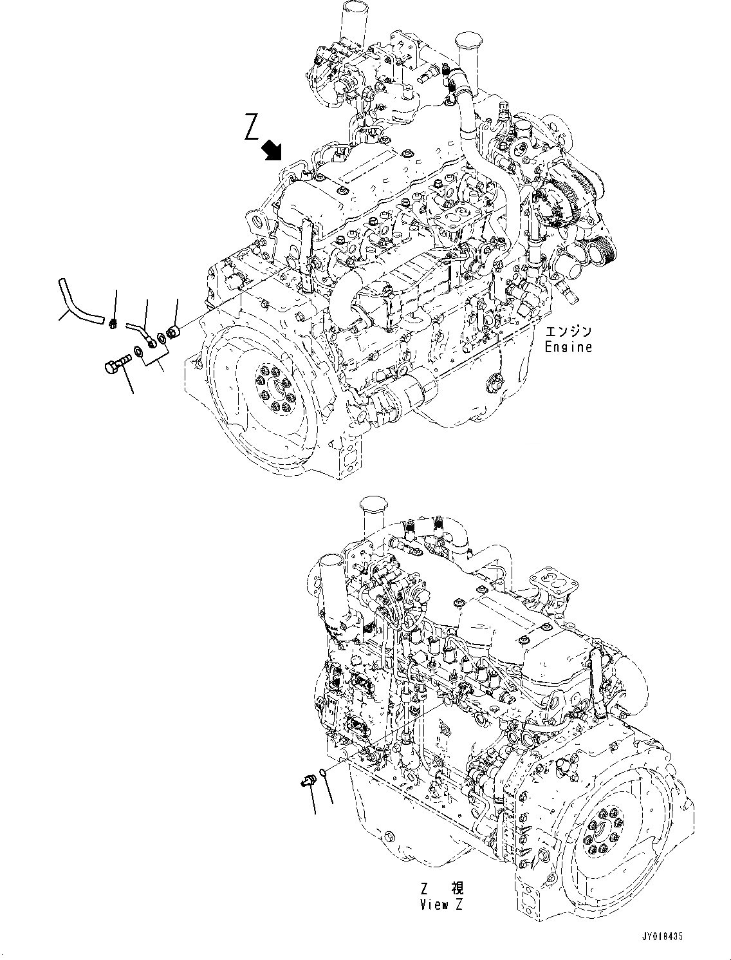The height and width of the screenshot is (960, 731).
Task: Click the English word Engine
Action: pos(568,347)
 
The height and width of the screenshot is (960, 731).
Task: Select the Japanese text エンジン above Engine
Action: pos(568,332)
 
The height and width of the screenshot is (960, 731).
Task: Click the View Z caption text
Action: pos(441,904)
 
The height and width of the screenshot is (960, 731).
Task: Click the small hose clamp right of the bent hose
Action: pos(113,321)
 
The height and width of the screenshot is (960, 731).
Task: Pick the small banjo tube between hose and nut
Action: pos(140,331)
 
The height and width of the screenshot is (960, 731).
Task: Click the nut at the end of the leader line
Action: pos(173,333)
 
